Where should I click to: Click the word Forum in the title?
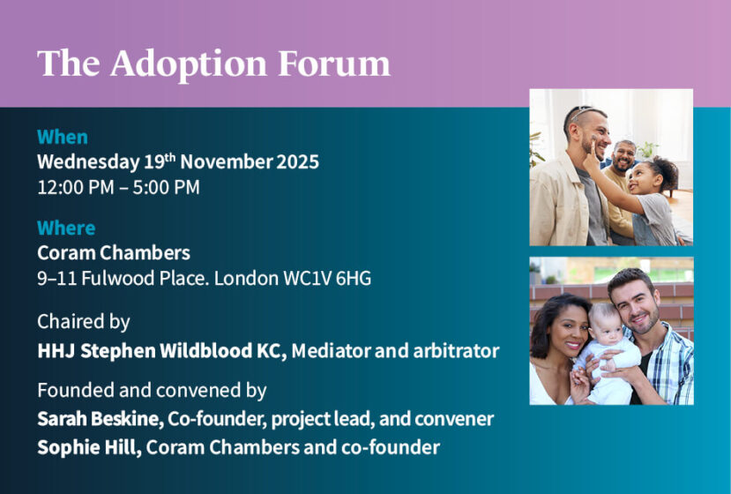pos(334,64)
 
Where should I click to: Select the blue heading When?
pos(63,137)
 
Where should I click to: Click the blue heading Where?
pos(66,228)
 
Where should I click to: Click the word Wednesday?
pos(88,162)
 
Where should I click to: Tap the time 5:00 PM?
pos(166,188)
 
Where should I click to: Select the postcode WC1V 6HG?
pos(327,279)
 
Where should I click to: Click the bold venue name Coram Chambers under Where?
pos(114,253)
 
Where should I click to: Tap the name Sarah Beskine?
pos(101,419)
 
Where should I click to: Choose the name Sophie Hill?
pos(89,447)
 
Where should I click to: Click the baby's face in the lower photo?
pos(606,325)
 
